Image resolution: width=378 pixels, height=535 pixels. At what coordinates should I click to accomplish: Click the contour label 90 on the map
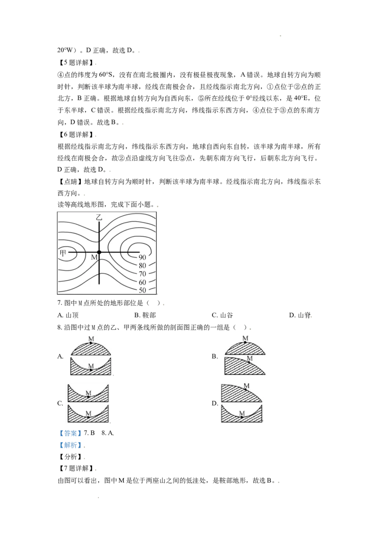tap(142, 258)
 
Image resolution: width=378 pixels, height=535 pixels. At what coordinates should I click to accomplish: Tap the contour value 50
tap(142, 290)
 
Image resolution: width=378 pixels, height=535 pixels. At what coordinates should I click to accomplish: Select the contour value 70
tap(142, 274)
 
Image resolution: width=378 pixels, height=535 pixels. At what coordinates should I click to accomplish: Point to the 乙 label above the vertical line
tap(99, 217)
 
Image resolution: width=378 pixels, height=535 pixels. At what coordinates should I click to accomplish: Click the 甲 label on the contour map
tap(63, 252)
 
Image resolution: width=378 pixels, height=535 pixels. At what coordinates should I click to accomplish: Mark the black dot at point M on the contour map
tap(99, 252)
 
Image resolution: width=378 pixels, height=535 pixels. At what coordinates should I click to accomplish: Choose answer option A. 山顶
tap(68, 315)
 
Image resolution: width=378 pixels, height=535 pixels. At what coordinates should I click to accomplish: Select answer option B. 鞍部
tap(145, 315)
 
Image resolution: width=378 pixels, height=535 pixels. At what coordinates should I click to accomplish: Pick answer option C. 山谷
tap(222, 315)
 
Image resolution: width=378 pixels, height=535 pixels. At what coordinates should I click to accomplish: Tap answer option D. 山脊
tap(300, 315)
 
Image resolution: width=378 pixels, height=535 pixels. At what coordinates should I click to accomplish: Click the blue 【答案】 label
tap(69, 433)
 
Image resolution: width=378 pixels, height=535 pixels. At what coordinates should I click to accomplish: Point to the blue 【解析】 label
tap(69, 445)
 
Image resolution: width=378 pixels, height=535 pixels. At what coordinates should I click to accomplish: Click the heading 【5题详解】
tap(76, 63)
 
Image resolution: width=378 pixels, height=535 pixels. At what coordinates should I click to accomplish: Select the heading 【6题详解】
tap(76, 134)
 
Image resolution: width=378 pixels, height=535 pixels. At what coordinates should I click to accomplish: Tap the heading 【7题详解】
tap(76, 468)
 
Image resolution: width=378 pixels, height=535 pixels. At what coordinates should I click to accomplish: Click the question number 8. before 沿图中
tap(60, 328)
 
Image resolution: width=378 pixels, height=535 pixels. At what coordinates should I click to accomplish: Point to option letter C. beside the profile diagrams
tap(60, 403)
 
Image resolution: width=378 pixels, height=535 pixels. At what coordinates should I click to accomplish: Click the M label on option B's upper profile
tap(245, 338)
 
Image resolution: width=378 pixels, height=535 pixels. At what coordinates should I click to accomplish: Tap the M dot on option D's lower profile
tap(241, 417)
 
